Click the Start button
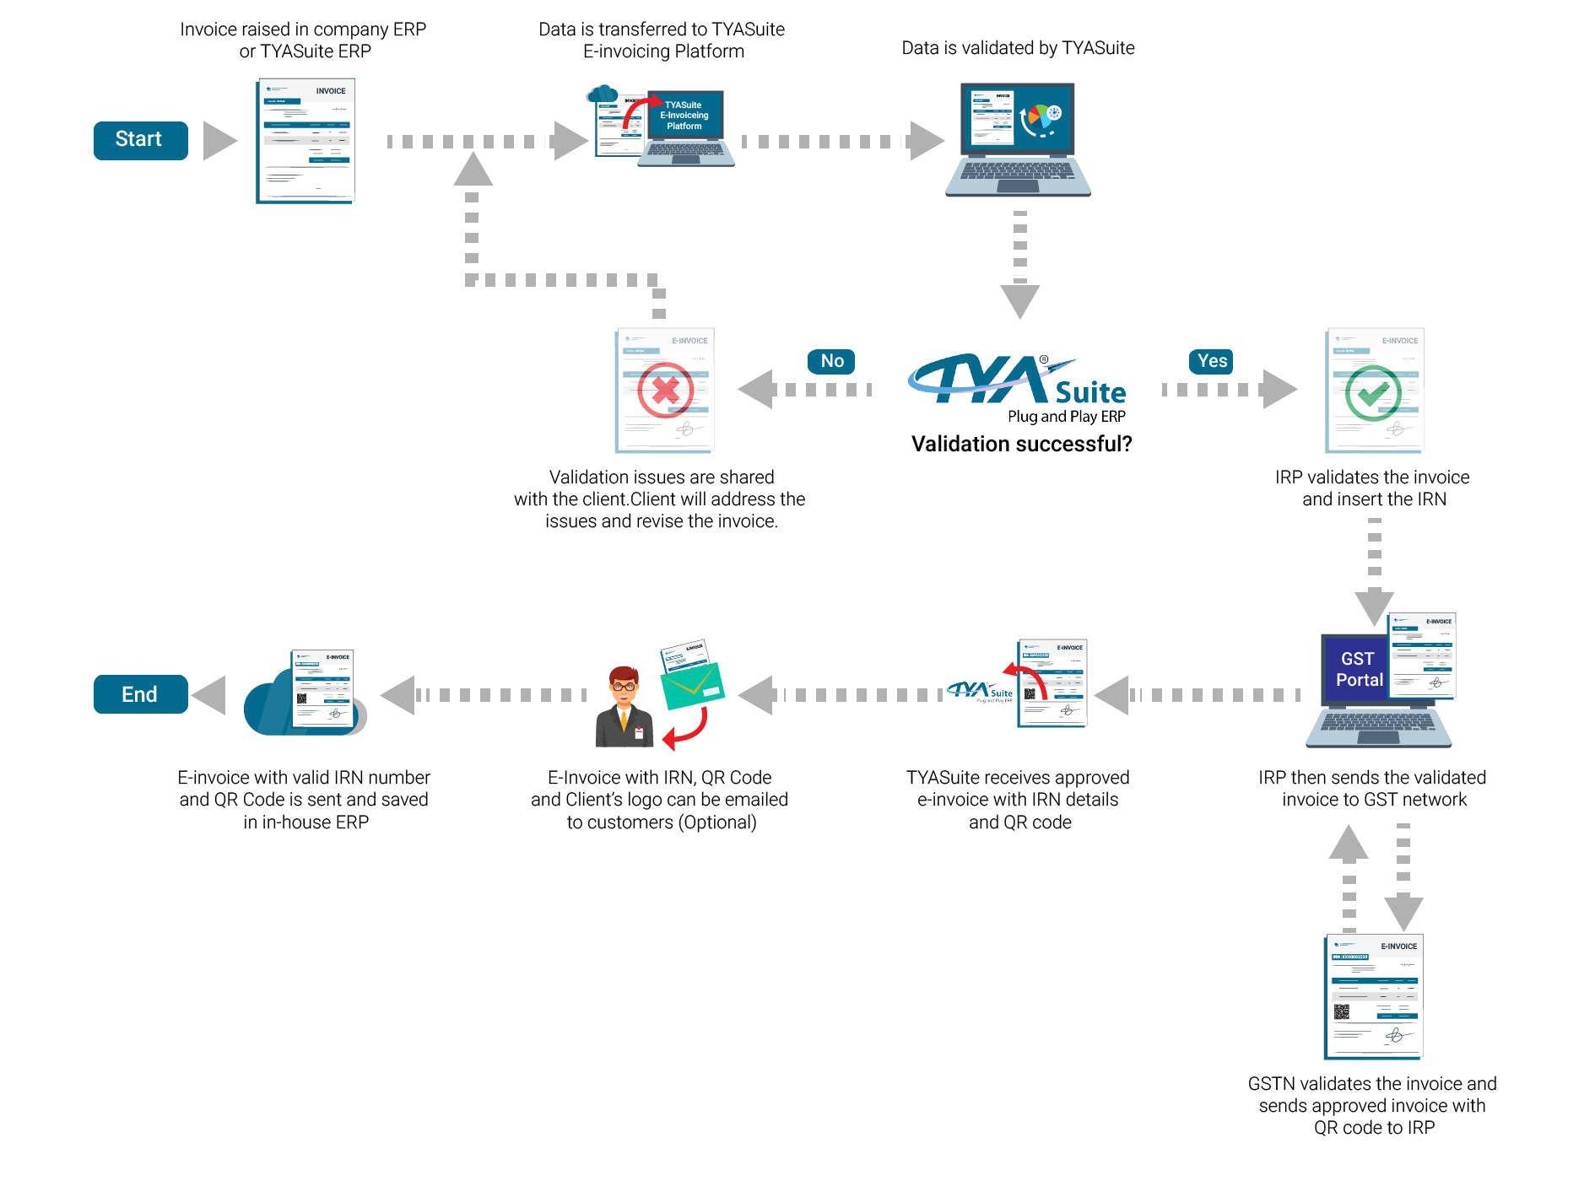[140, 140]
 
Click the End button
[140, 694]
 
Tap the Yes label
[1212, 361]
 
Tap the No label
[831, 361]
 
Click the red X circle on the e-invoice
[665, 391]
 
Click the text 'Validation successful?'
[1021, 444]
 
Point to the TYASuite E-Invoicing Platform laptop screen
[684, 116]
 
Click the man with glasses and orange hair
[624, 709]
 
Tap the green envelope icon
[692, 687]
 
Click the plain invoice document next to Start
[305, 141]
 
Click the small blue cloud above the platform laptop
[602, 94]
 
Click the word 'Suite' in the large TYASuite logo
[1090, 393]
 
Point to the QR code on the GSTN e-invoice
[1342, 1011]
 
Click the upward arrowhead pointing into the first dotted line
[473, 169]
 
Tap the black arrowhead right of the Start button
[219, 141]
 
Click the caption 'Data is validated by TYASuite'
[1018, 48]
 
